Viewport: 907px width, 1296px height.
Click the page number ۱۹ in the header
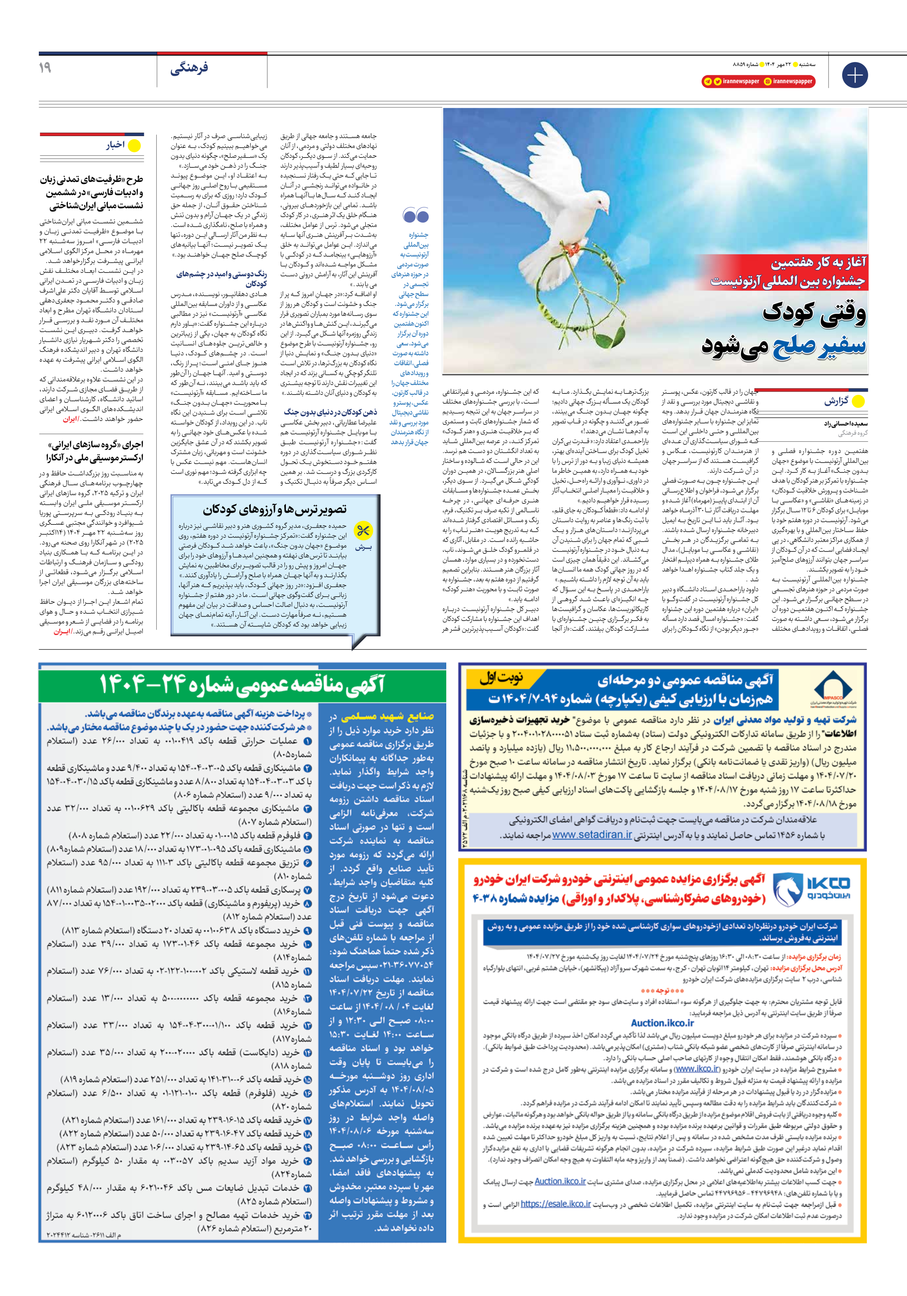(x=45, y=68)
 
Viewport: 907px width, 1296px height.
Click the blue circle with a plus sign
(x=854, y=75)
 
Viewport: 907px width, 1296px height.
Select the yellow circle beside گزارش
(x=858, y=401)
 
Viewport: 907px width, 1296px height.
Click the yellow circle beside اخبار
(x=134, y=146)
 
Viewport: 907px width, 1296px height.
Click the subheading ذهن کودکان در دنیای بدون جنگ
(x=330, y=412)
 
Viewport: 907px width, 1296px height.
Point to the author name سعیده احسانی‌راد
(x=845, y=423)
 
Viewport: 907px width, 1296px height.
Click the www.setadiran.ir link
(x=592, y=835)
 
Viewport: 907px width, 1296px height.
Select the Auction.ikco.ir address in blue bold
(x=662, y=1023)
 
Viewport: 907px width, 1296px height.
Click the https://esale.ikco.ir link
(x=555, y=1219)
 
